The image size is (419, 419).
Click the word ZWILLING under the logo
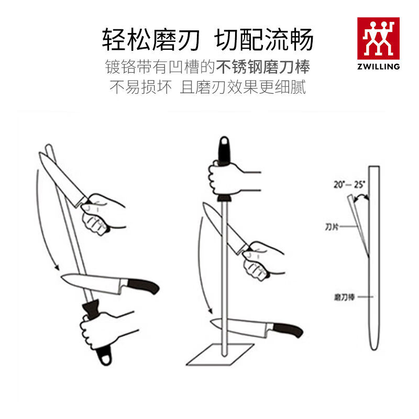[378, 67]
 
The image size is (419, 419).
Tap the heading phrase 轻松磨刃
[151, 40]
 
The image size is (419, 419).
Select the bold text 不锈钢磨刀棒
[263, 68]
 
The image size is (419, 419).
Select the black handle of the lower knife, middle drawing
[288, 330]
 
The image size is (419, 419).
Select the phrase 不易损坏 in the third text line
[140, 87]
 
